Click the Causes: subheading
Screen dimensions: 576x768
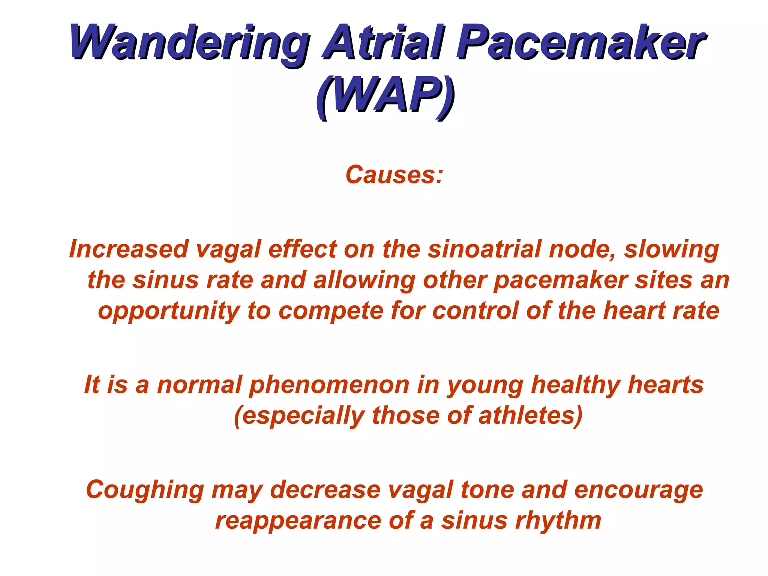(394, 175)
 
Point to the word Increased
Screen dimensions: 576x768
(128, 249)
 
